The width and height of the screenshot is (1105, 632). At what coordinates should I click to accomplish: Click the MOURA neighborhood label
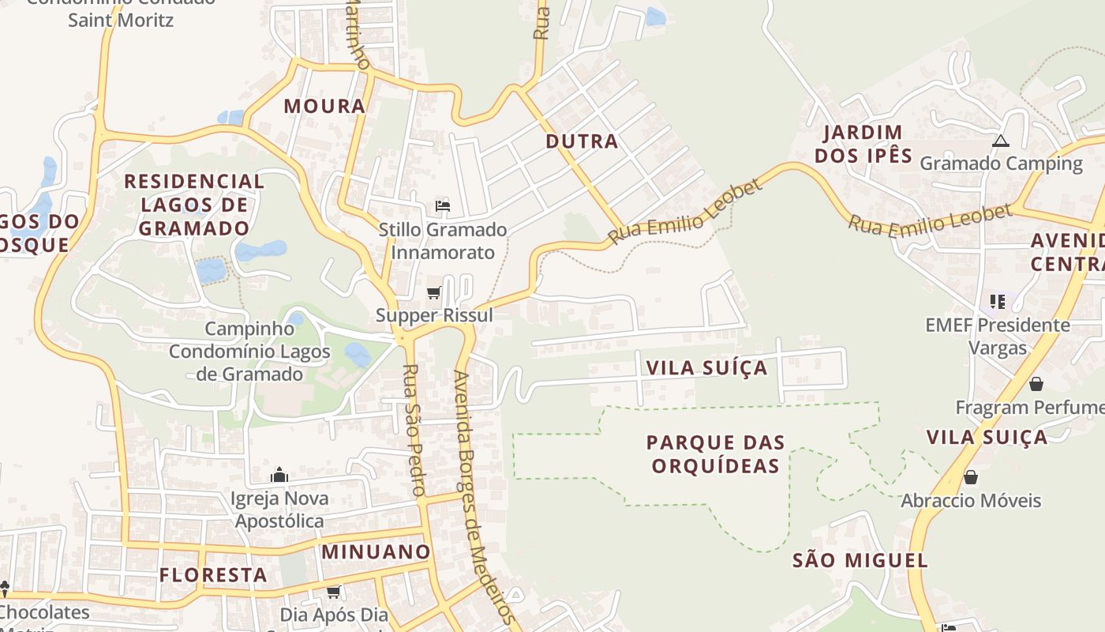[x=324, y=106]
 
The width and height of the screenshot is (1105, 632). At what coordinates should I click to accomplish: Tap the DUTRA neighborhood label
[x=582, y=141]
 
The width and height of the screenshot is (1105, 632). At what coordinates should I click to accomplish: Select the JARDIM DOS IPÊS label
[x=863, y=144]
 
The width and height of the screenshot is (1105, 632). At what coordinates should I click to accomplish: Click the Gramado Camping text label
[x=1001, y=164]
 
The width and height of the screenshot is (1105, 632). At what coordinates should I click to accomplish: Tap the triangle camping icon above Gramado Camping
[x=1001, y=141]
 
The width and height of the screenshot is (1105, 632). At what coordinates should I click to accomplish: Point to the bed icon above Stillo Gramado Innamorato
[x=443, y=207]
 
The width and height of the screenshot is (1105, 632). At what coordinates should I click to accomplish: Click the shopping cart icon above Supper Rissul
[x=433, y=293]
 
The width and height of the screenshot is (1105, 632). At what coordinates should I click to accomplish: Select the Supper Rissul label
[x=434, y=315]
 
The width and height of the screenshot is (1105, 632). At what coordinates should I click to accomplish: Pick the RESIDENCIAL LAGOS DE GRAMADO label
[x=194, y=205]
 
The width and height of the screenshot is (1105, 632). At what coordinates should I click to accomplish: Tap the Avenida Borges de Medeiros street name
[x=484, y=498]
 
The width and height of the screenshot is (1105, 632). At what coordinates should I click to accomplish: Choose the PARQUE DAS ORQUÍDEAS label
[x=716, y=453]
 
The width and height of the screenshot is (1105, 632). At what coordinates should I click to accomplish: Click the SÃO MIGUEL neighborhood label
[x=860, y=561]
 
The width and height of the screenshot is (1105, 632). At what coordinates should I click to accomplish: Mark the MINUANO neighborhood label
[x=376, y=551]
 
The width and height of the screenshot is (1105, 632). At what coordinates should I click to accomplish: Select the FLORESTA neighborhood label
[x=213, y=574]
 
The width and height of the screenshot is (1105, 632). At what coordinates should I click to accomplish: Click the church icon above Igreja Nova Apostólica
[x=279, y=475]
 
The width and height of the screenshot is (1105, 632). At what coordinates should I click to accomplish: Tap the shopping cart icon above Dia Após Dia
[x=334, y=592]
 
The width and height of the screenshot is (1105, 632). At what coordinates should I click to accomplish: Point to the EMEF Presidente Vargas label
[x=997, y=336]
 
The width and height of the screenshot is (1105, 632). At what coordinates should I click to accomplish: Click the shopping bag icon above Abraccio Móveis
[x=971, y=477]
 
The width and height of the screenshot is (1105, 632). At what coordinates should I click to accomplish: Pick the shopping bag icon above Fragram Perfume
[x=1036, y=384]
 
